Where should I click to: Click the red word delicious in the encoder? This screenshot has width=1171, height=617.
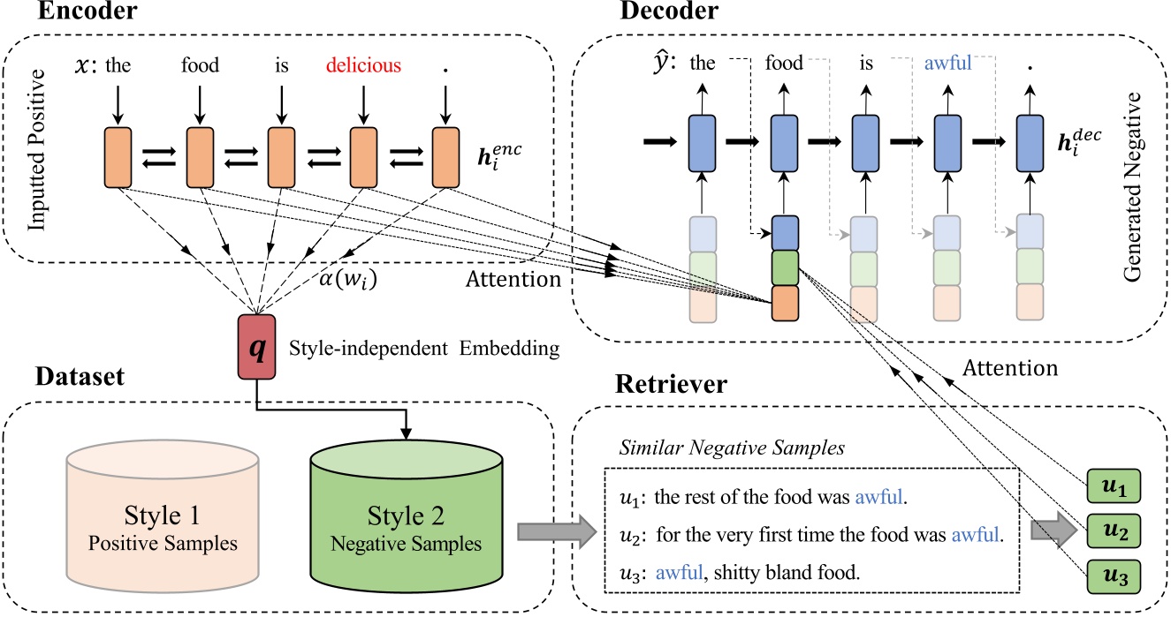(362, 64)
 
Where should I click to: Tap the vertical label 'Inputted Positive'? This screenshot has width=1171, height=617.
(39, 159)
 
